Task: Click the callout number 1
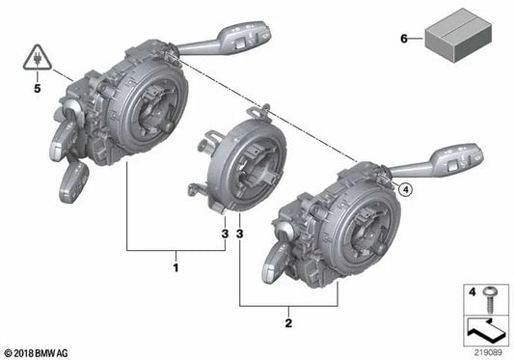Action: tap(175, 263)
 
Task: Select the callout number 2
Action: tap(287, 316)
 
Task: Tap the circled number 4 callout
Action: tap(405, 190)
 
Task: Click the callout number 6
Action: tap(403, 39)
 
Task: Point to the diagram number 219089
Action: tap(486, 352)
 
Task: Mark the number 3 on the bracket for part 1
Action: tap(224, 234)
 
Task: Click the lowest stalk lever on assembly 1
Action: tap(73, 180)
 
